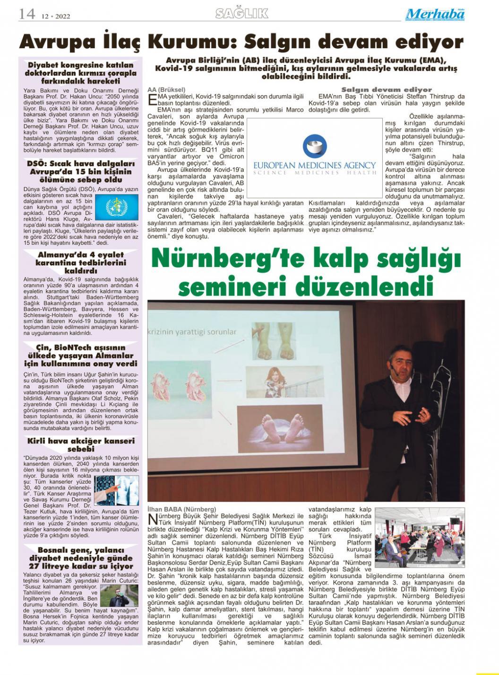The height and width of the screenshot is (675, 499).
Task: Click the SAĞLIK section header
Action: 241,14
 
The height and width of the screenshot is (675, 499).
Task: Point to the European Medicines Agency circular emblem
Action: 314,146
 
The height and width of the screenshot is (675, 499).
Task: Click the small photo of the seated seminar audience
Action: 420,533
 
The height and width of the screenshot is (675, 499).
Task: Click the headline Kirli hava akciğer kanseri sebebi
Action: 81,444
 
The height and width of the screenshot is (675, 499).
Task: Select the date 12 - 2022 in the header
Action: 56,16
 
